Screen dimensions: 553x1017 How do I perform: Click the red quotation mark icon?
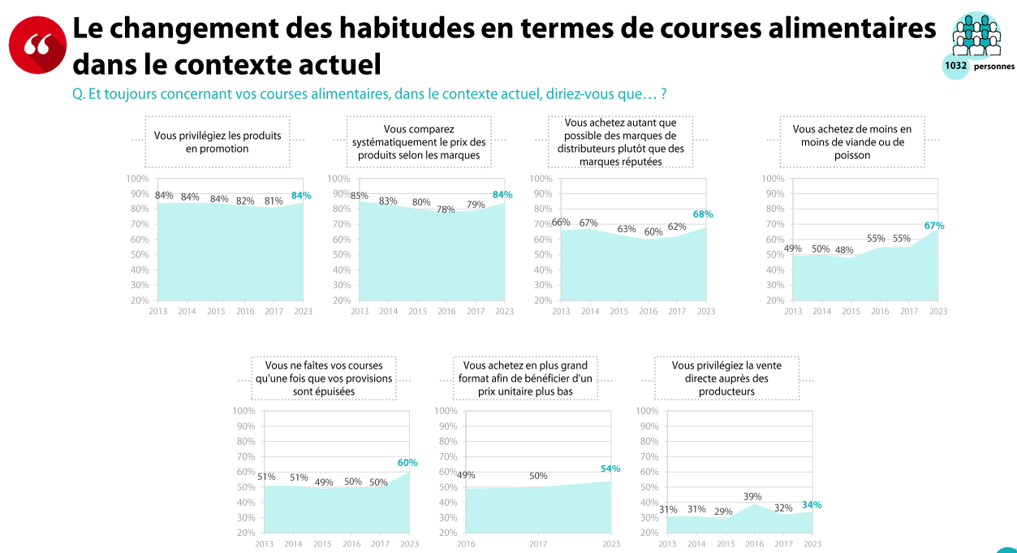point(37,45)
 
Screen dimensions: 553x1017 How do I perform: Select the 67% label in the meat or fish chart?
point(934,226)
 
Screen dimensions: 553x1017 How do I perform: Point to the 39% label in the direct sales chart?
point(752,496)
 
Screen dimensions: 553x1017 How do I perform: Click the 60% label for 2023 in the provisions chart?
point(407,463)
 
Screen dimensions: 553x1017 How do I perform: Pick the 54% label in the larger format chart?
point(610,469)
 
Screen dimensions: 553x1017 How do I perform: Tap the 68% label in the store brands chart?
point(703,214)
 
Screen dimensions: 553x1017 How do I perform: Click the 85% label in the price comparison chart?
point(359,196)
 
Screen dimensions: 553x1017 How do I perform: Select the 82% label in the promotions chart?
point(245,201)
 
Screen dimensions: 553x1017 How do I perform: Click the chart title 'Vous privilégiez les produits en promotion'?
point(218,142)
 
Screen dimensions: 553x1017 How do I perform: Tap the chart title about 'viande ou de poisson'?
point(851,142)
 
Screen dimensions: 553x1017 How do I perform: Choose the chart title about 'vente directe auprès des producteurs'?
point(726,378)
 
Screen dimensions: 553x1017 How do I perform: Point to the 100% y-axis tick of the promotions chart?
point(137,179)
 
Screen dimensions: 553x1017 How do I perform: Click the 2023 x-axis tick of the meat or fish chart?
point(937,312)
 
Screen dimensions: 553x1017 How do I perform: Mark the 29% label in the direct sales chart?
point(723,512)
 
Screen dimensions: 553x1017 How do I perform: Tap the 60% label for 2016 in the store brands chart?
point(653,231)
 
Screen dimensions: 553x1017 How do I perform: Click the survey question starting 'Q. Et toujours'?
point(369,94)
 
